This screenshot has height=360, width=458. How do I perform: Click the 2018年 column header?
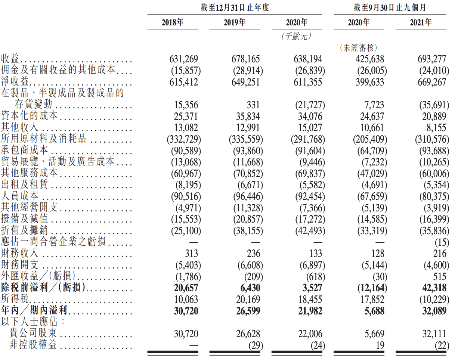tap(173, 22)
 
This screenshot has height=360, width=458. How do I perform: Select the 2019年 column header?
tap(235, 22)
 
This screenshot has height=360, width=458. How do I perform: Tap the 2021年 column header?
tap(421, 22)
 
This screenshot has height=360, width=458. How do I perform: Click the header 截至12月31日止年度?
tap(235, 7)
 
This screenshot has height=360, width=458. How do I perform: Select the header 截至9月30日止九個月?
tap(390, 7)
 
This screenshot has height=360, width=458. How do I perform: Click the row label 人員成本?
tap(20, 196)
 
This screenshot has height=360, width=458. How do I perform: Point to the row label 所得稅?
tap(15, 299)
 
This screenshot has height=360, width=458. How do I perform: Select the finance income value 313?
tap(191, 254)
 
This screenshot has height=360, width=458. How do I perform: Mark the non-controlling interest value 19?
tap(380, 345)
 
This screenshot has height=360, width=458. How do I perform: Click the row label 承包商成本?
tap(25, 150)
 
